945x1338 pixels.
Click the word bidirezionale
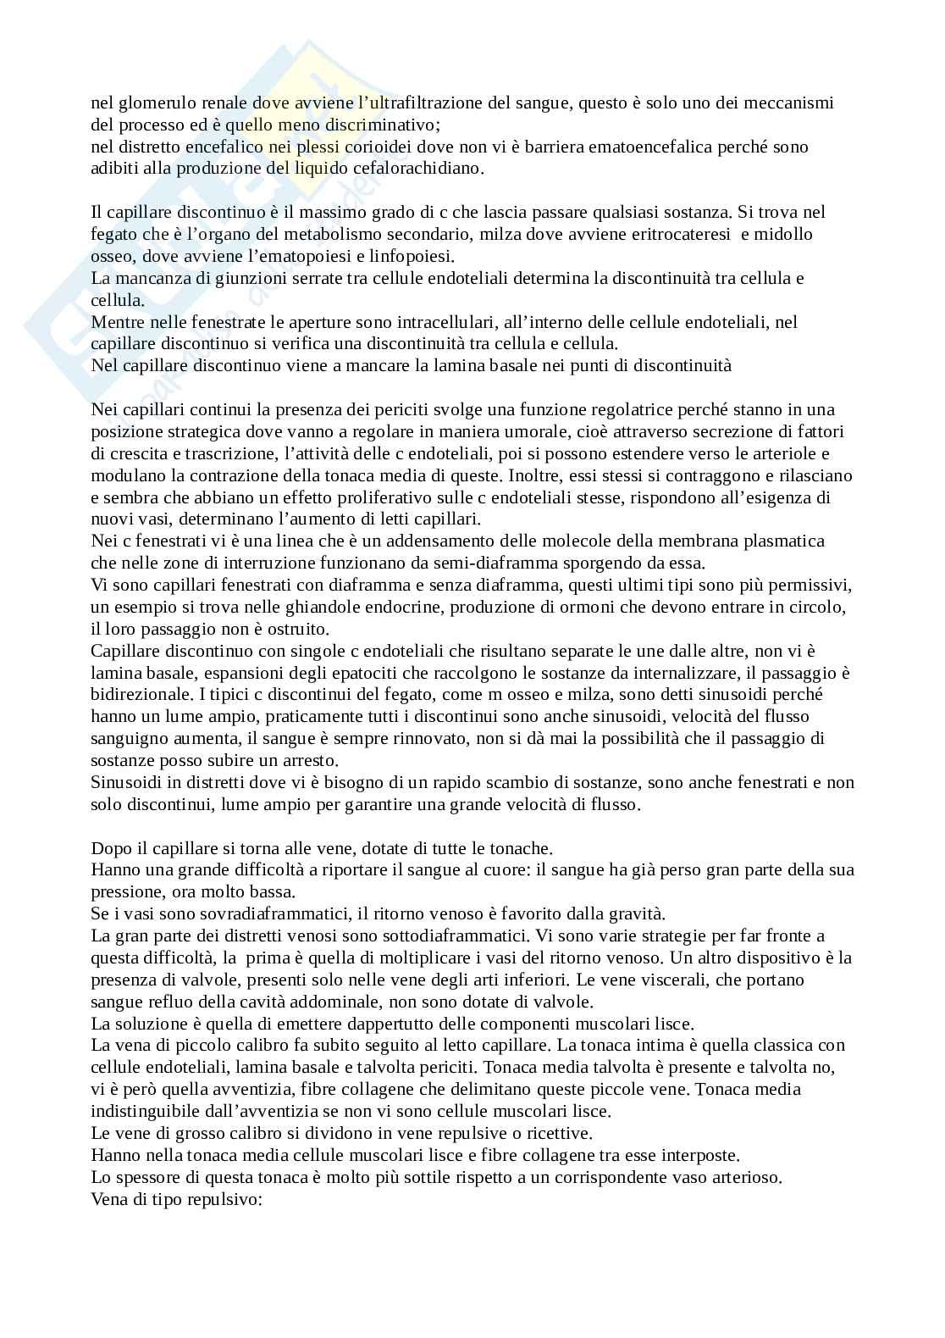(137, 695)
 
